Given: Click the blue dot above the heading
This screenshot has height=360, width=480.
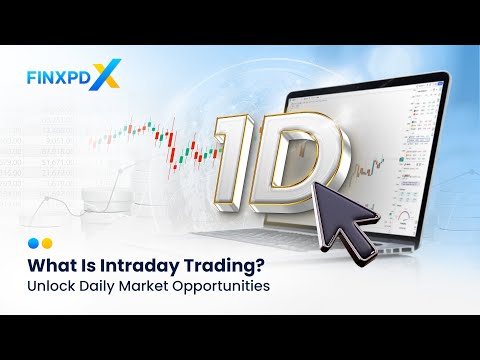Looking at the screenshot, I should tap(33, 242).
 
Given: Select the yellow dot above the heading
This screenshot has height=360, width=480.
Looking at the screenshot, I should tap(46, 242).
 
